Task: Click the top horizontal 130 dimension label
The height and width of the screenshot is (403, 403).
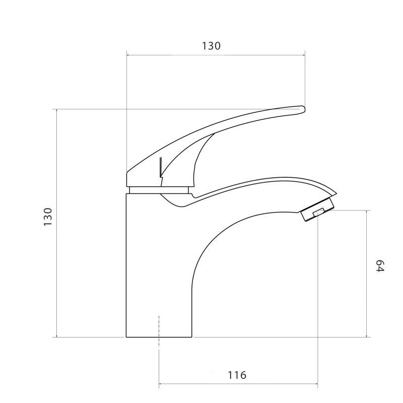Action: click(211, 46)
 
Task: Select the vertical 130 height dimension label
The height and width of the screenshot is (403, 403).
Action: click(48, 217)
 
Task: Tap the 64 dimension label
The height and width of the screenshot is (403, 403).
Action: click(380, 266)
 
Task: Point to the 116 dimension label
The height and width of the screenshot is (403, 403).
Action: click(237, 375)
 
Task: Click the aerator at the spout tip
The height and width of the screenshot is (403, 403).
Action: click(317, 209)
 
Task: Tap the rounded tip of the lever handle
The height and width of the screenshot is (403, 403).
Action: click(304, 109)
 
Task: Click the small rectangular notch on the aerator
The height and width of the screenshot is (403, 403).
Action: click(319, 212)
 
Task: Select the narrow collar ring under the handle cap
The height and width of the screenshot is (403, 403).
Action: click(159, 190)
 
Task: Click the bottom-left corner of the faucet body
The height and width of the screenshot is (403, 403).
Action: click(126, 337)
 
